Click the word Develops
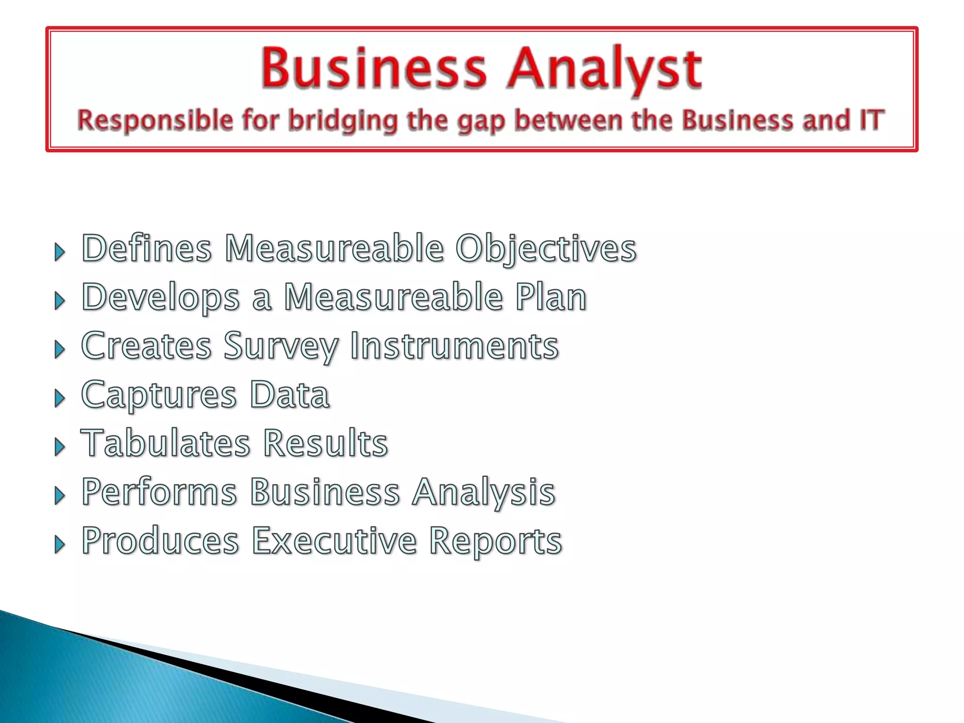point(161,298)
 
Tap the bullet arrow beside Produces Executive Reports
point(59,545)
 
